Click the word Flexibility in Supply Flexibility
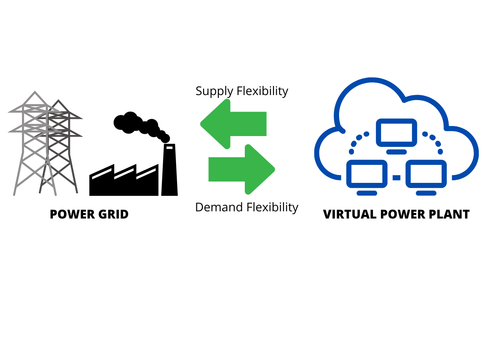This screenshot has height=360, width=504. click(x=262, y=91)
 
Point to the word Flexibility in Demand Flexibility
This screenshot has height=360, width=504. click(x=272, y=207)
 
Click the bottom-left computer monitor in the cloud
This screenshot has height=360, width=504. click(x=366, y=174)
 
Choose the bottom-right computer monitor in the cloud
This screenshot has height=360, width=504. click(x=426, y=174)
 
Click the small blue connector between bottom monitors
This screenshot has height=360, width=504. click(x=396, y=177)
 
